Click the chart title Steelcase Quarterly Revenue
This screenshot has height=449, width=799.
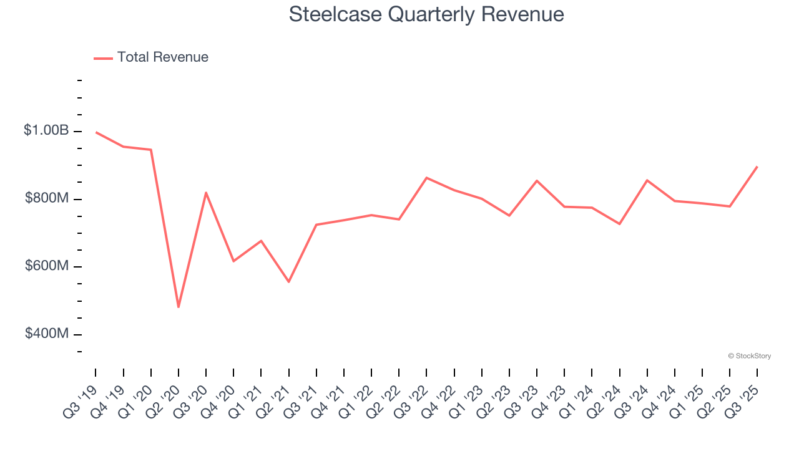426,14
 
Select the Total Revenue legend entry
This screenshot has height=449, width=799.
151,57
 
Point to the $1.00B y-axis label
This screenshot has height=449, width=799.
46,130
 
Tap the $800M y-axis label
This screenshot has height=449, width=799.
46,198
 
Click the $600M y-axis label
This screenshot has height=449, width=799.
46,266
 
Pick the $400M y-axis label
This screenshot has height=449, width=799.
46,334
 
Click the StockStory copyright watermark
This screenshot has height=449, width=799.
749,356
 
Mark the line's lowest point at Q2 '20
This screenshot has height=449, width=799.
179,307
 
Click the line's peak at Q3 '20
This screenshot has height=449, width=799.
206,193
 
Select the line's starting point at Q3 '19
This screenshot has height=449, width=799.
96,132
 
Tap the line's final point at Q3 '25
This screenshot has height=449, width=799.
757,167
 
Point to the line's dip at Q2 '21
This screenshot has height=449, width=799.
288,282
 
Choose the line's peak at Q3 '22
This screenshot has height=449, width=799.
426,178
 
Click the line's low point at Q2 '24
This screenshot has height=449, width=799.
619,224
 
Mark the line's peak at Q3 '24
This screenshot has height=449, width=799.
647,180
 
